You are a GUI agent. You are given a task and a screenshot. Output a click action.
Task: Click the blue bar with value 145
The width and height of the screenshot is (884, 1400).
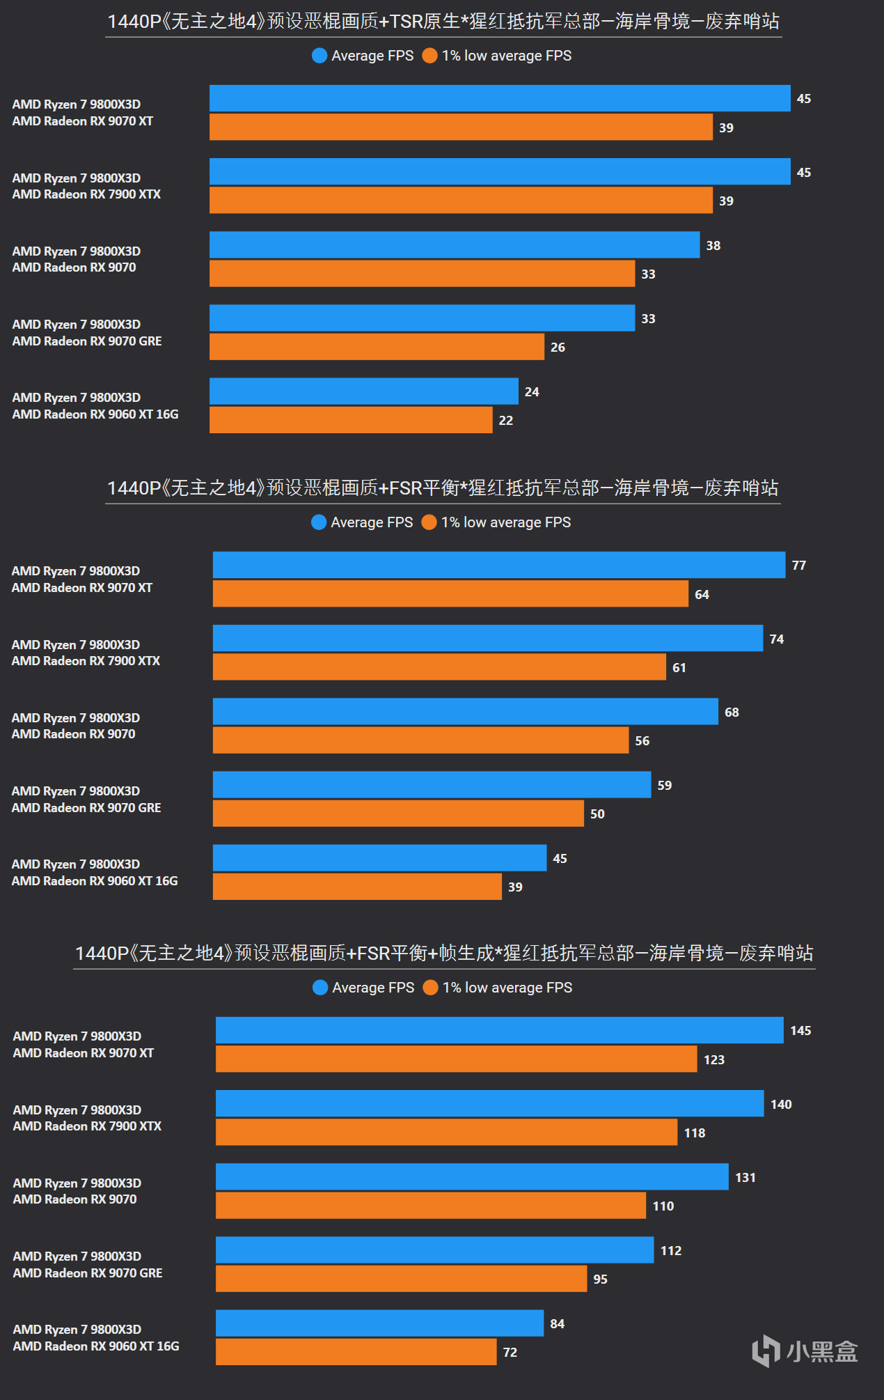tap(499, 1030)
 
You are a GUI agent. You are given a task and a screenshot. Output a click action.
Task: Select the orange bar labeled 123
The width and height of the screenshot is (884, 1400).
tap(456, 1059)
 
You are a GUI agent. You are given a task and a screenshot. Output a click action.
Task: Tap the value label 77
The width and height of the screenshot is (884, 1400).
tap(798, 566)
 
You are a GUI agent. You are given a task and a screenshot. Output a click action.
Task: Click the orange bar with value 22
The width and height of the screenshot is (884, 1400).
tap(351, 420)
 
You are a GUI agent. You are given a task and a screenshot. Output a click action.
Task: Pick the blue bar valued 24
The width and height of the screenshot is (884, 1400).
tap(363, 391)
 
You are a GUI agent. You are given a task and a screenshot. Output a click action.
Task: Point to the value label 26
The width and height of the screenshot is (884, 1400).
tap(558, 347)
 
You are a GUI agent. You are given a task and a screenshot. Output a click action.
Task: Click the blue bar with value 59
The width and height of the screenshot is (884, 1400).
tap(432, 785)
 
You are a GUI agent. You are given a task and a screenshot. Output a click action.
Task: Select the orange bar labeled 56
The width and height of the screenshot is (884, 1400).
tap(420, 740)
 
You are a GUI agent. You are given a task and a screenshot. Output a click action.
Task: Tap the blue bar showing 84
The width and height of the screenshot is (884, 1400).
tap(379, 1323)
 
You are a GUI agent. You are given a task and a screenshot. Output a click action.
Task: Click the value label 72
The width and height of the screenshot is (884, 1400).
tap(510, 1352)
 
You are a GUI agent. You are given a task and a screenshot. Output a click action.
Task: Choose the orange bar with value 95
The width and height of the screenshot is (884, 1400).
tap(401, 1279)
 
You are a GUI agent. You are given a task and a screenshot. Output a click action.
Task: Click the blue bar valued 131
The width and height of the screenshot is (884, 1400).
tap(472, 1177)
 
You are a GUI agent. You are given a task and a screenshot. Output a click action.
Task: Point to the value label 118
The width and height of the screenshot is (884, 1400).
tap(694, 1133)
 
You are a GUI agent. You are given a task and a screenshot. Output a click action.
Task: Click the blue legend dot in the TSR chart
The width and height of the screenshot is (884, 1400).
tap(319, 56)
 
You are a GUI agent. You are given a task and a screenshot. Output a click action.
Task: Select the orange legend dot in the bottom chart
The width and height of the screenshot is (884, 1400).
tap(430, 988)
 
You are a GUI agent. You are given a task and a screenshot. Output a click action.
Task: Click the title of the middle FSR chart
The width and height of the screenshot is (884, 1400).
tap(443, 488)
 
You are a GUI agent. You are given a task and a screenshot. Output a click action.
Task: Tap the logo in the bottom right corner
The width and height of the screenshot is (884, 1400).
tap(805, 1351)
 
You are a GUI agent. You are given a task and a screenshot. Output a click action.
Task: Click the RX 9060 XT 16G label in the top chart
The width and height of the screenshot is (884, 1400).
tap(95, 414)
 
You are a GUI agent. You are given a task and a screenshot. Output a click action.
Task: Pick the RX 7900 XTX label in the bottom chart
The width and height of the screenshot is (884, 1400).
tap(87, 1126)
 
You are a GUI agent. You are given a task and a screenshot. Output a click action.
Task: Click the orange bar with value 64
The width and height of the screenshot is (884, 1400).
tap(450, 594)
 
